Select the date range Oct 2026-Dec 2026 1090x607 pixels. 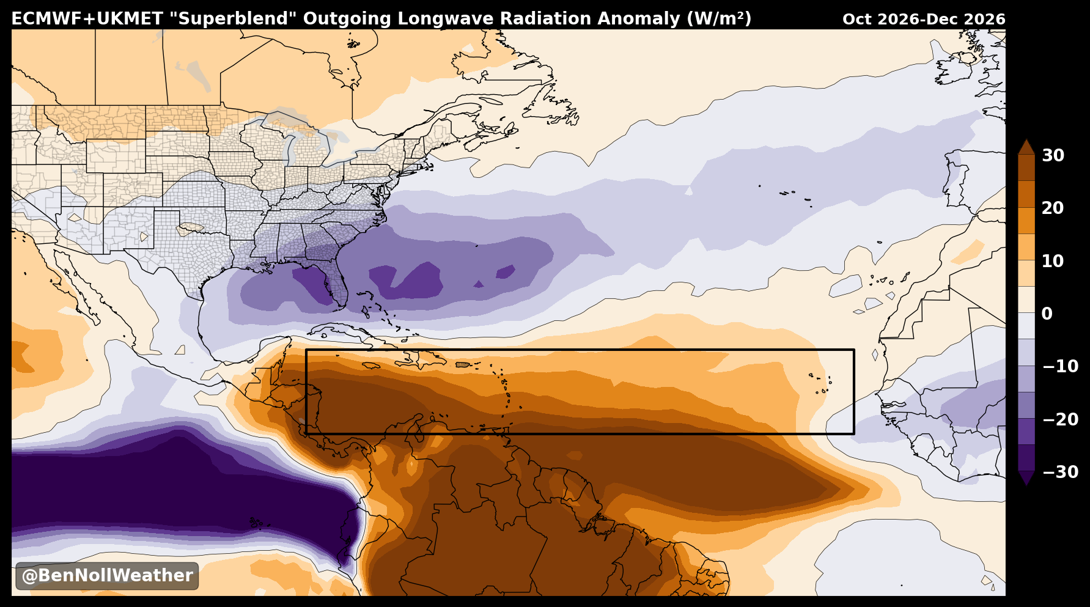point(924,20)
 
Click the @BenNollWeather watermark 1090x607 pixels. point(107,576)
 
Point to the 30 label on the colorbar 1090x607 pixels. point(1053,156)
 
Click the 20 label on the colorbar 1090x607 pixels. point(1053,208)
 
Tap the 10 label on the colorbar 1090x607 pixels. point(1053,262)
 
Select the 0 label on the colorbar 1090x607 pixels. point(1047,314)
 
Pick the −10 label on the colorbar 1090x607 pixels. point(1060,367)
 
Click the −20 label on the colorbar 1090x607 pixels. point(1060,419)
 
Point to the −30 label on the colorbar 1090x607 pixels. point(1060,472)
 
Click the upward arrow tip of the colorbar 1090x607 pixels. point(1026,141)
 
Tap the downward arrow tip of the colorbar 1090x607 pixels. point(1026,485)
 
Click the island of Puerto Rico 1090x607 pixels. point(463,365)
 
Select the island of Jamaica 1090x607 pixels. point(372,366)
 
